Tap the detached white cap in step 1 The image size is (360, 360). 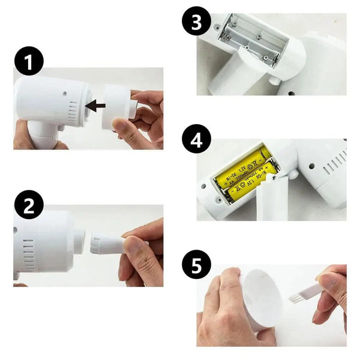pos(118,106)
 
